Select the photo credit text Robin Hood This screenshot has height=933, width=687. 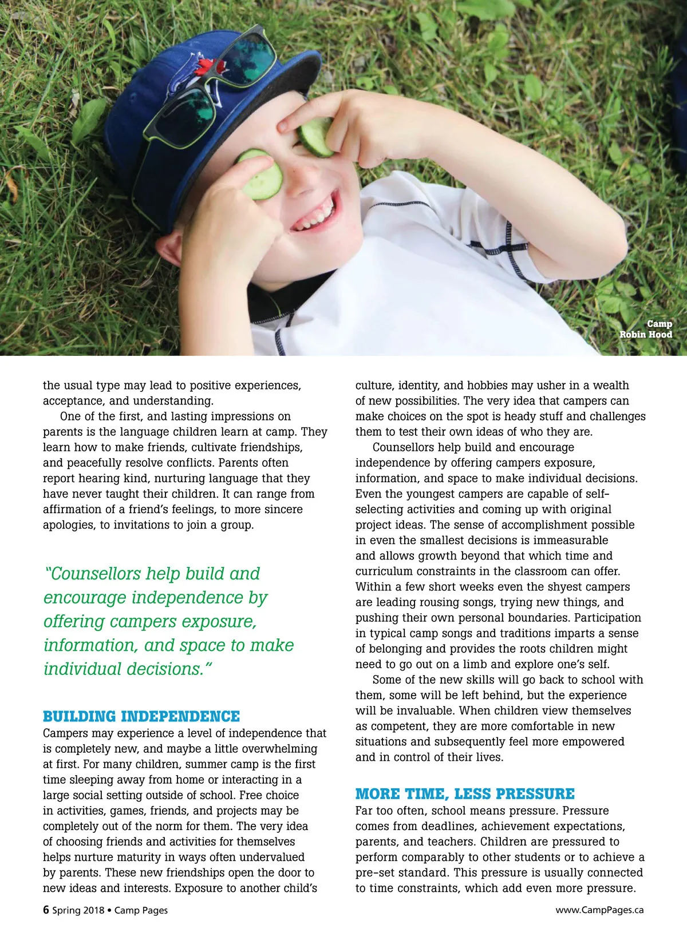645,335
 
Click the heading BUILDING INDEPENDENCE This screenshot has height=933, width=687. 141,716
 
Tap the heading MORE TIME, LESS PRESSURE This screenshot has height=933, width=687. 465,794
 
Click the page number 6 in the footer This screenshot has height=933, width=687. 46,910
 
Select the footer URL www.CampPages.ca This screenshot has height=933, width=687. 599,910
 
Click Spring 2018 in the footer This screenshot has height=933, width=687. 78,910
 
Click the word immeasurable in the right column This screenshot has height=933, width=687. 571,540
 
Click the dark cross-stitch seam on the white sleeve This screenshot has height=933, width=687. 506,246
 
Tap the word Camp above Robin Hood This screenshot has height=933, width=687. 660,324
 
